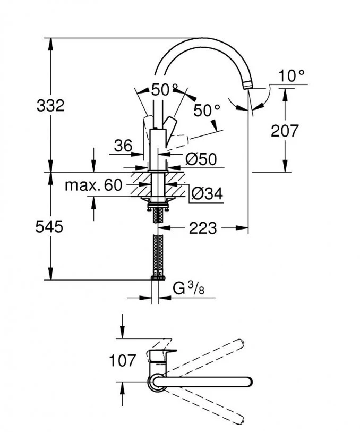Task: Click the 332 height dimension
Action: point(50,105)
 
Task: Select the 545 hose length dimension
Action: point(49,227)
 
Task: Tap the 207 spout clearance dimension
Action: point(285,130)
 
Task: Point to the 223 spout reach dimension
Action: point(202,228)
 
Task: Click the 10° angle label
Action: point(292,75)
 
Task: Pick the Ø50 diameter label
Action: point(201,159)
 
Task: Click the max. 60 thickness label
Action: point(93,185)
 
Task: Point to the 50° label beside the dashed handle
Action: point(206,111)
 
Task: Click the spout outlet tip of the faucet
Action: point(248,86)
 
